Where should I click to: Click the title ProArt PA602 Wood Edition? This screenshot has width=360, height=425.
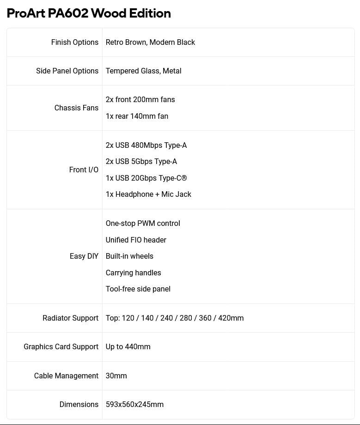(89, 13)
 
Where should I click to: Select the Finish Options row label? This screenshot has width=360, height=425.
(74, 42)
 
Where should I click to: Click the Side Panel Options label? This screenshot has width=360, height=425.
(67, 71)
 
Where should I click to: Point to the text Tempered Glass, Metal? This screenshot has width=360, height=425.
(143, 71)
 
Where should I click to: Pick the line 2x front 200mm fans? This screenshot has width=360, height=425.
(140, 99)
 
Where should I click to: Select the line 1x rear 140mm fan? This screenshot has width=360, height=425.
(137, 116)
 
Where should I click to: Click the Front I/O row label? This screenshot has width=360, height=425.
(84, 170)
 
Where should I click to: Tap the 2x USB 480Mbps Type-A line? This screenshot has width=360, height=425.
(146, 145)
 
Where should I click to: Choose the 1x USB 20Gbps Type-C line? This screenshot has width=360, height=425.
(146, 178)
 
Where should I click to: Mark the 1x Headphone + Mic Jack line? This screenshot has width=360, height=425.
(148, 194)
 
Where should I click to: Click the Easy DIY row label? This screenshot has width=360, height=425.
(84, 256)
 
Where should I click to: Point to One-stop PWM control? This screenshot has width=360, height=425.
(143, 223)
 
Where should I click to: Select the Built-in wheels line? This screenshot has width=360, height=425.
(129, 256)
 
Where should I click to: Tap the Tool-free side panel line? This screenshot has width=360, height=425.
(138, 289)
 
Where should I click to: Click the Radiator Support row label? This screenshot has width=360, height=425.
(70, 318)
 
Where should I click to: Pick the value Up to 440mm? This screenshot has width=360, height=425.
(128, 346)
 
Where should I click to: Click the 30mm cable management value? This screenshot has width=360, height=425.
(116, 376)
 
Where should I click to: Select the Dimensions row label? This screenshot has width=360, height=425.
(79, 404)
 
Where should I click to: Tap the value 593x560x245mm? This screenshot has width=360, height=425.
(134, 404)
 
